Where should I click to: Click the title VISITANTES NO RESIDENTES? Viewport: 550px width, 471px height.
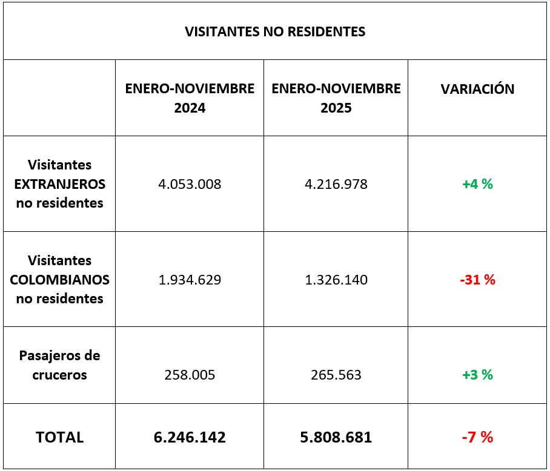coord(275,31)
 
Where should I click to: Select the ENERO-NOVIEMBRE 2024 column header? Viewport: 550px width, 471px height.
coord(190,98)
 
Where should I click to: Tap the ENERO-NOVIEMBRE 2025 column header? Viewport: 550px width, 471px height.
coord(336,98)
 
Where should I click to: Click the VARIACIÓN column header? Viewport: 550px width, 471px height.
coord(477,89)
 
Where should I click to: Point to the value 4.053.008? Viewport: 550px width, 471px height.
coord(190,184)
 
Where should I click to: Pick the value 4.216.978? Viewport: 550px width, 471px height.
coord(336,184)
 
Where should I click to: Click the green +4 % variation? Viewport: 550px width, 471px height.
coord(477,184)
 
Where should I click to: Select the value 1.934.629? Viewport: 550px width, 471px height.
coord(190,280)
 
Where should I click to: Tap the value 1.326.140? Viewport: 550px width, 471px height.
coord(336,280)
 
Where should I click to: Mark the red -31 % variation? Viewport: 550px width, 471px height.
coord(477,280)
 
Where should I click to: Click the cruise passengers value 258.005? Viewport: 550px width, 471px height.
coord(190,375)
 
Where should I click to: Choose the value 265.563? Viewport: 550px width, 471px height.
coord(336,375)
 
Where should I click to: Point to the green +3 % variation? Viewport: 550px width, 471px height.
coord(477,375)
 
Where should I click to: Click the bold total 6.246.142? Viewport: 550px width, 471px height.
coord(190,437)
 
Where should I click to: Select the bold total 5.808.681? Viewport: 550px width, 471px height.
coord(336,437)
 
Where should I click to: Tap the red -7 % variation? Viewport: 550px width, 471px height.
coord(477,437)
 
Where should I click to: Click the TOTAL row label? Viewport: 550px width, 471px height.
coord(59,437)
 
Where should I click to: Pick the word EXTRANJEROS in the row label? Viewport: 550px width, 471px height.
coord(59,184)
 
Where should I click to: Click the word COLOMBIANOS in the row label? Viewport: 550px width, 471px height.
coord(59,280)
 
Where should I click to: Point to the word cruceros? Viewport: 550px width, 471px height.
coord(59,375)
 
